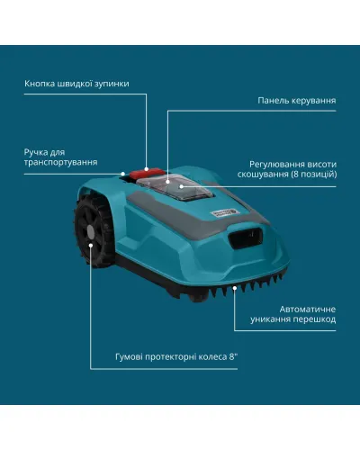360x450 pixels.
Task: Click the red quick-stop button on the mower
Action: (x=147, y=173)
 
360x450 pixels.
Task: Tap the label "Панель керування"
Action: (x=297, y=101)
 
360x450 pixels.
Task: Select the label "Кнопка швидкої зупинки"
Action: (x=76, y=84)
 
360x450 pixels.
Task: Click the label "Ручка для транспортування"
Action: (x=60, y=157)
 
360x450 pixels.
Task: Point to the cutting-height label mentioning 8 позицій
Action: (x=287, y=169)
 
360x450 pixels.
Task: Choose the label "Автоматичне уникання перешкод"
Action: (x=293, y=314)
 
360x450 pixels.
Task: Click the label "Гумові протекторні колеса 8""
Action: (x=176, y=357)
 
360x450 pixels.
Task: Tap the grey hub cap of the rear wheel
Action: (x=90, y=232)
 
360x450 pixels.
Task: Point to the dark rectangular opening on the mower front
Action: (x=246, y=238)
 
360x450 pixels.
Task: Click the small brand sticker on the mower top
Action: (x=224, y=212)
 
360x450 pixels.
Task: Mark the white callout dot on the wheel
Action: (x=91, y=246)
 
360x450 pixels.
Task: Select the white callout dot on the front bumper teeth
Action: (x=235, y=288)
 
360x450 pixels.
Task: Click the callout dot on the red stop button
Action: (x=147, y=169)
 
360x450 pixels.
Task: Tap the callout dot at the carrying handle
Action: (x=122, y=174)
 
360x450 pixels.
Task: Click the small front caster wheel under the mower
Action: (x=199, y=297)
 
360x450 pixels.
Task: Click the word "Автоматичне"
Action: (x=308, y=310)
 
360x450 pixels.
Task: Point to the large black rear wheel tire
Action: (x=94, y=231)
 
